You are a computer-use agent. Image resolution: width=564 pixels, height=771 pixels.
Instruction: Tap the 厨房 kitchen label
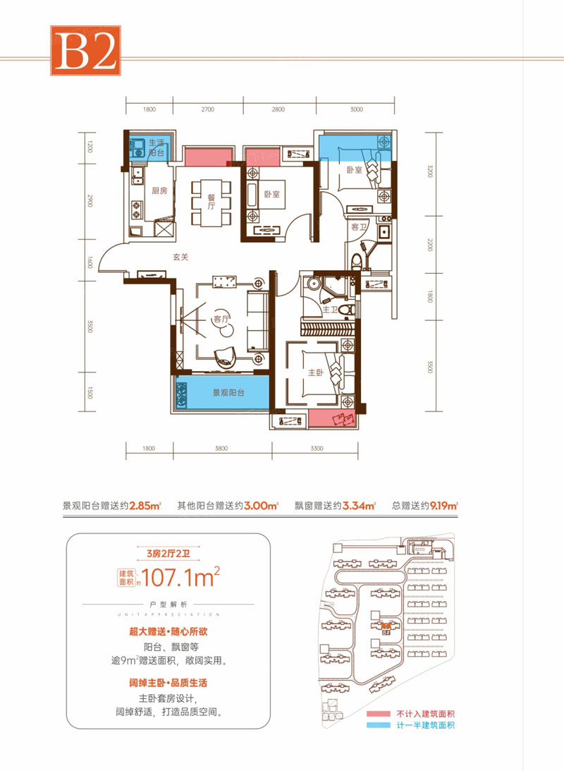coord(159,190)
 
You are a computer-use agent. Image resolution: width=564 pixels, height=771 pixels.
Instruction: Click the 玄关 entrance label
coord(181,257)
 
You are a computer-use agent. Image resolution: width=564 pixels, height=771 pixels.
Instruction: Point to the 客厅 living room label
coord(222,320)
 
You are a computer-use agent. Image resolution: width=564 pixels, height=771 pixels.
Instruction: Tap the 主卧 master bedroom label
coord(314,375)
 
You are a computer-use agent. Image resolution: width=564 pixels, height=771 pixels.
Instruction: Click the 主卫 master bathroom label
coord(330,308)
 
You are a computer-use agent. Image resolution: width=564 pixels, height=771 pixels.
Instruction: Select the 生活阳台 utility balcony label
coord(157,148)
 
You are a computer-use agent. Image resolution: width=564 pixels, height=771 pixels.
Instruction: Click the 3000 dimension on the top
coord(356,110)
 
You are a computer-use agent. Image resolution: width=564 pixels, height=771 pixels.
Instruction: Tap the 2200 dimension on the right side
coord(428,247)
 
